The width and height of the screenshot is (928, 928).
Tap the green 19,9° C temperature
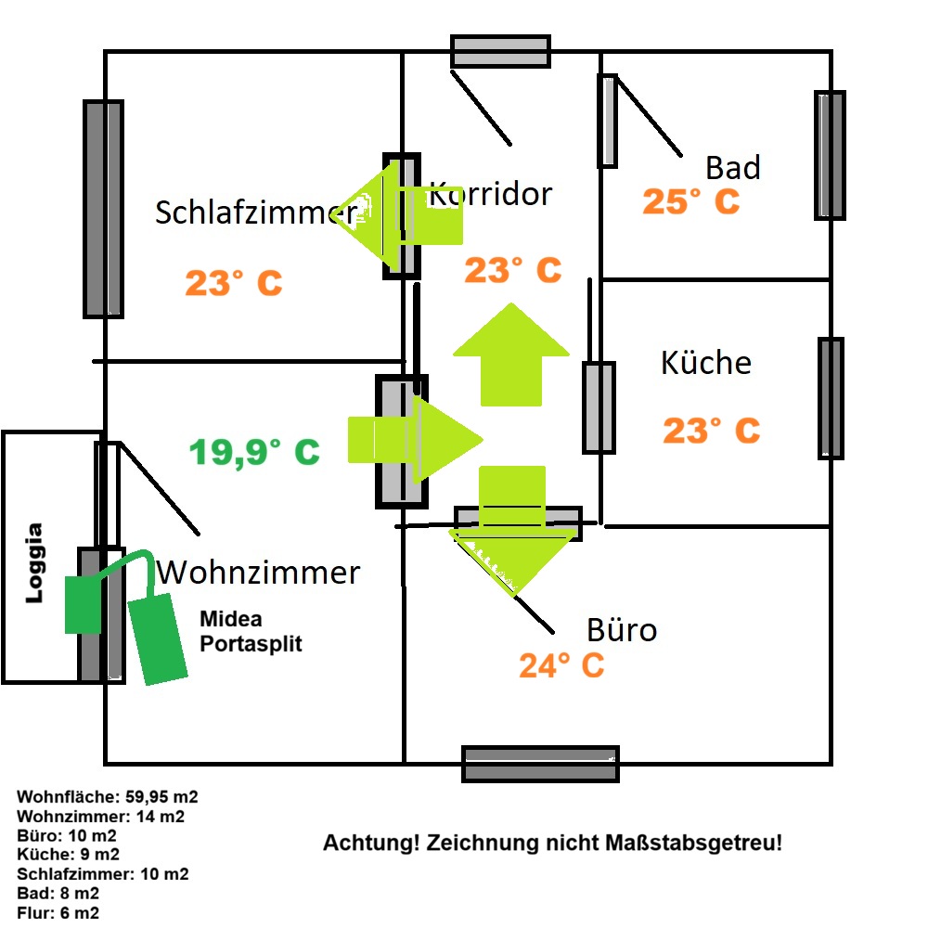(254, 453)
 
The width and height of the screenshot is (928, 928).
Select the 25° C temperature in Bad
(691, 201)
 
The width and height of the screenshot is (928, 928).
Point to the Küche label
(706, 362)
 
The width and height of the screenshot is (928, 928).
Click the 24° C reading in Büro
(561, 665)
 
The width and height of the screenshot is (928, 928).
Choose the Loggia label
(34, 563)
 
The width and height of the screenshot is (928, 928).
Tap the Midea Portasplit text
(251, 631)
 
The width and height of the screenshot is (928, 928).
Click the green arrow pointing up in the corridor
(511, 355)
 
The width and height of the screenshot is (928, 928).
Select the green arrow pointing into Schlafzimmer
(397, 215)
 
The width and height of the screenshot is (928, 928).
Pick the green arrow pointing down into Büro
(512, 530)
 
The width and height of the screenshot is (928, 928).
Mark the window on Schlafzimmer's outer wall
(104, 209)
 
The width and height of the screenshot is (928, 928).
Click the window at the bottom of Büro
(540, 764)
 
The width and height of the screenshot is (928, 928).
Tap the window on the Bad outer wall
(830, 156)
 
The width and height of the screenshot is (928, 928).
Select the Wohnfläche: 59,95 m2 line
(107, 796)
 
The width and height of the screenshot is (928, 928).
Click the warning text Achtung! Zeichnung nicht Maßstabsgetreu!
(552, 843)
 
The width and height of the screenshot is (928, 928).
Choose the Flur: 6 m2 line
(58, 912)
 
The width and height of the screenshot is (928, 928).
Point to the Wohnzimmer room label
(258, 573)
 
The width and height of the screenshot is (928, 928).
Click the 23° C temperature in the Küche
(712, 431)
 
